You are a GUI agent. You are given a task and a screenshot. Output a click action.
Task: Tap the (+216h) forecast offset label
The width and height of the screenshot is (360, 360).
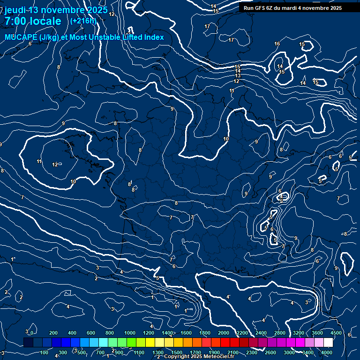point(83,21)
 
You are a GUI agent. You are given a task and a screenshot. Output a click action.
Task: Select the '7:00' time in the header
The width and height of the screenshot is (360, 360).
point(17,21)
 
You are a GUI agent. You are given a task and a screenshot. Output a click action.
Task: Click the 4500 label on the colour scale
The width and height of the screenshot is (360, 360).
point(336,333)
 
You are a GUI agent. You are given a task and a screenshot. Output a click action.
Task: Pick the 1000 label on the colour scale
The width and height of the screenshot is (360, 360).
point(130,333)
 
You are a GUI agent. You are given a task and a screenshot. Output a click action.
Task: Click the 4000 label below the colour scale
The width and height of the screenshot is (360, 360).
point(327,352)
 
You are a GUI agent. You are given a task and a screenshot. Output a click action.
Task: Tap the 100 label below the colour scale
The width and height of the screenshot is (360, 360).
point(45,352)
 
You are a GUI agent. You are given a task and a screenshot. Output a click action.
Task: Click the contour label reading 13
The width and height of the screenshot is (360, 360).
point(238,75)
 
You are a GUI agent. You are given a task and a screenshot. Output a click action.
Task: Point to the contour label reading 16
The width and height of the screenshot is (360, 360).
point(277,44)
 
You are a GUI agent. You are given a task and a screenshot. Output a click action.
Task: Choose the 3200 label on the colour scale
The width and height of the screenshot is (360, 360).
point(299,333)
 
